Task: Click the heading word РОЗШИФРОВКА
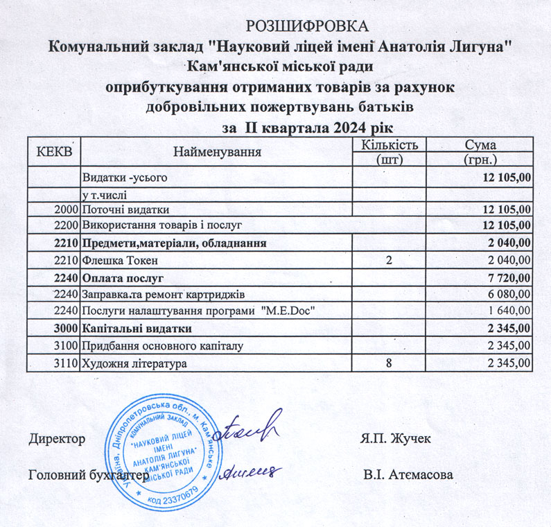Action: pos(308,28)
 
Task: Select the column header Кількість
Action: pos(389,145)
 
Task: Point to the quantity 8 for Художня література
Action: pos(389,362)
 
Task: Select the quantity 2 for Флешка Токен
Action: pos(389,260)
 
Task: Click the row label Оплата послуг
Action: pos(123,277)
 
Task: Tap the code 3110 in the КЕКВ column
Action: pos(67,362)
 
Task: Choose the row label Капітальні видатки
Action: pos(137,328)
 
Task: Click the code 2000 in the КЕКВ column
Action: pos(67,209)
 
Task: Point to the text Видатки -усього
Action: pos(125,178)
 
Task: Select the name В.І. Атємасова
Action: pos(408,476)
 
